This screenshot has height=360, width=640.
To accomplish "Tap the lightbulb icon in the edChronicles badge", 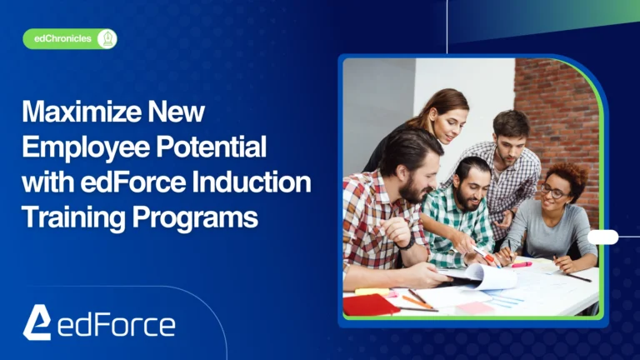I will (x=107, y=39).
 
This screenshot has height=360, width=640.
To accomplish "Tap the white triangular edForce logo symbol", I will (x=37, y=322).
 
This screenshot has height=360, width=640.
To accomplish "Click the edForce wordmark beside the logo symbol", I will (x=116, y=324).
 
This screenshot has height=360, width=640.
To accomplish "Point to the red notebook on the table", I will (x=369, y=304).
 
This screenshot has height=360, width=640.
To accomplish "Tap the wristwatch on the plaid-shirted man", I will (x=405, y=244).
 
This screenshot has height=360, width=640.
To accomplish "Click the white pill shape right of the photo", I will (x=602, y=237).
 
